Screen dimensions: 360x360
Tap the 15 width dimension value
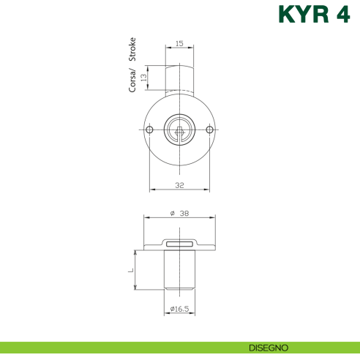click(179, 44)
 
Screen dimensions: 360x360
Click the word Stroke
click(132, 51)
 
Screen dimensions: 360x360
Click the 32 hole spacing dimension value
click(179, 184)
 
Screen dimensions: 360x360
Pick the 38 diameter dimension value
click(184, 213)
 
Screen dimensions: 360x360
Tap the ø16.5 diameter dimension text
click(179, 310)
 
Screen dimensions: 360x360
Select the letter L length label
click(132, 270)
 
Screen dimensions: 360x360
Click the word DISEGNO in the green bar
click(269, 347)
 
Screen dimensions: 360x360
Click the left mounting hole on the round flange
click(150, 130)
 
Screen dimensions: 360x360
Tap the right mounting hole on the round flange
click(209, 130)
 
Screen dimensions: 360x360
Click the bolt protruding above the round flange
click(179, 79)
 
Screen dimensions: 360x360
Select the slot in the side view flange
click(179, 244)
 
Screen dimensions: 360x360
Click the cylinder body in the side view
click(179, 271)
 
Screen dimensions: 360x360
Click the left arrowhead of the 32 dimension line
click(151, 190)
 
